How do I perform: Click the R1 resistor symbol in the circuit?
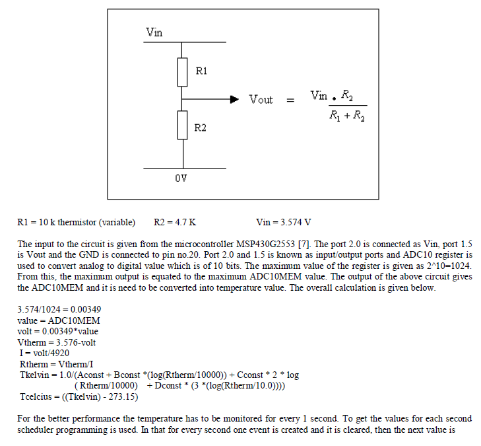click(183, 72)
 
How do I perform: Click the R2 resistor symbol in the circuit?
click(183, 126)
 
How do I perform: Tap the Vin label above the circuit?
click(154, 32)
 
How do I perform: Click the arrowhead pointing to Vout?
click(234, 99)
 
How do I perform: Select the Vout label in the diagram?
click(261, 100)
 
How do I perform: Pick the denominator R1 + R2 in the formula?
click(347, 117)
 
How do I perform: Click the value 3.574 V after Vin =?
click(297, 222)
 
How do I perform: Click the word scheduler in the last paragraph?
click(36, 430)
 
